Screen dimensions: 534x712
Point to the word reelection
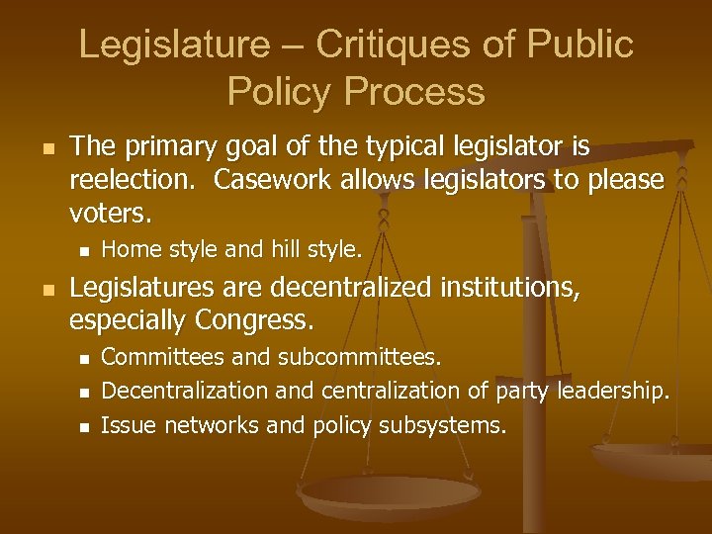[x=134, y=180]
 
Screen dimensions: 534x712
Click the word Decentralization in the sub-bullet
[x=185, y=391]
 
